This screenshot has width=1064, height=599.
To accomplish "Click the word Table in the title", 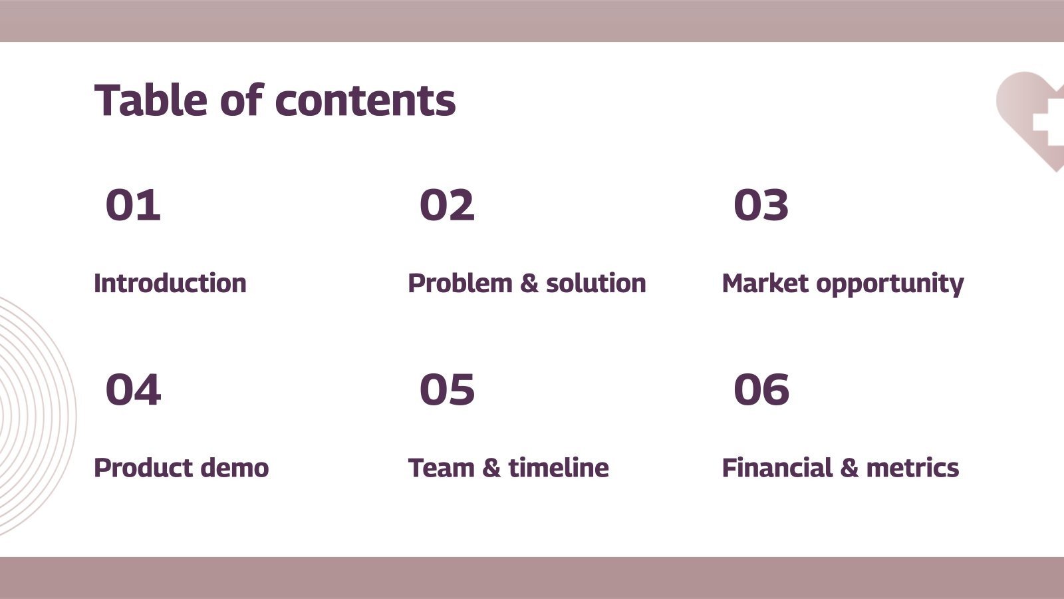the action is coord(151,100).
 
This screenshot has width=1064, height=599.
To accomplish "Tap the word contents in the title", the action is coord(365,100).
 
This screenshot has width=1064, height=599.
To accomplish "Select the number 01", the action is coord(133,205).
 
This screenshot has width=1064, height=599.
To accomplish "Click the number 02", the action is coord(447,205).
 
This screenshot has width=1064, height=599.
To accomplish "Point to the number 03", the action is coord(761,205).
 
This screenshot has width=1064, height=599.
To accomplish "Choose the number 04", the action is coord(133,389).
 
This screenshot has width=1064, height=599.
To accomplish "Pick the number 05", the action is coord(447,389).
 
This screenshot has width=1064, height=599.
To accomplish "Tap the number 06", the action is coord(761,389).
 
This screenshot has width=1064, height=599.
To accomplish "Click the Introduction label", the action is coord(170,284).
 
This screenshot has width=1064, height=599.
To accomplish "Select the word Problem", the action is coord(460,284).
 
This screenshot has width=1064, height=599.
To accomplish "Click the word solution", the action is coord(596,284).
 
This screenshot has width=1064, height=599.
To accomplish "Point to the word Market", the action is coord(765,284).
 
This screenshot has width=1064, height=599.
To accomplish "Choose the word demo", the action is coord(235,468).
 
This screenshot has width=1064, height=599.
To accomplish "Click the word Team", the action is coord(442,468).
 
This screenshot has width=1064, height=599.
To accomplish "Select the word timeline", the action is coord(559,468).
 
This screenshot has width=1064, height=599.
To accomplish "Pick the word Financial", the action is coord(777,468).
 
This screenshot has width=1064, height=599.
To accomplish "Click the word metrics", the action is coord(912,468).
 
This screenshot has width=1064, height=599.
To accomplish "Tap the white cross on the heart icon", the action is coord(1049,122).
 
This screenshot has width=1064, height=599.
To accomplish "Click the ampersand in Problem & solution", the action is coord(529,284).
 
